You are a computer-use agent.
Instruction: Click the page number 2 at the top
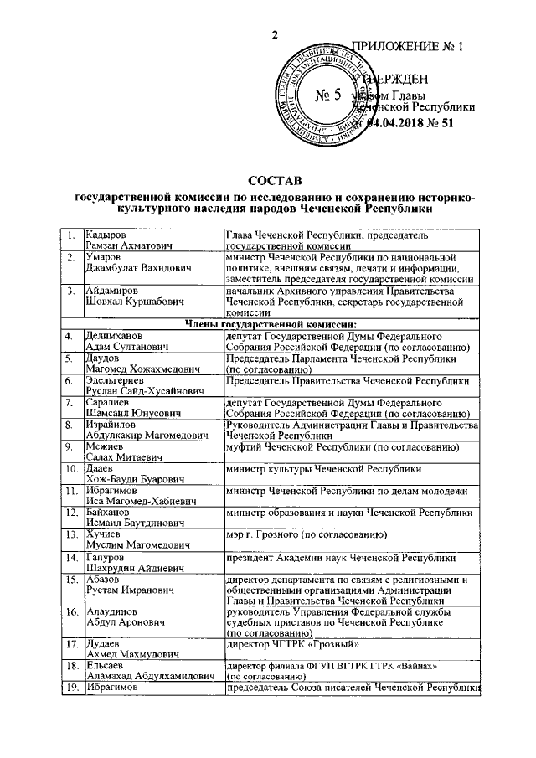[x=274, y=34]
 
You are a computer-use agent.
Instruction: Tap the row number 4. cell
[x=72, y=336]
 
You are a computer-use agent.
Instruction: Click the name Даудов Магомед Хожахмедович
[x=134, y=364]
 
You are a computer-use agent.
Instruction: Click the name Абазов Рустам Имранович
[x=126, y=585]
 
